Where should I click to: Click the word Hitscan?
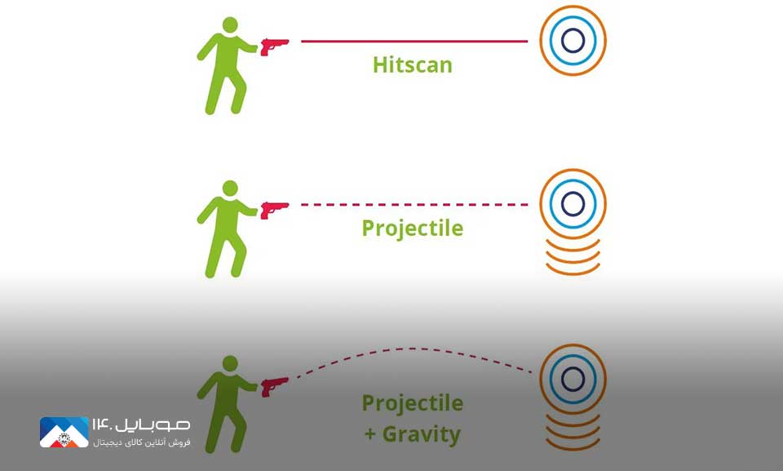click(413, 65)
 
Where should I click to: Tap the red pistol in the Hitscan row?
click(274, 47)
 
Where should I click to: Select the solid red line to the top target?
click(414, 41)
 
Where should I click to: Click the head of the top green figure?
click(230, 25)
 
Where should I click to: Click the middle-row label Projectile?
click(413, 229)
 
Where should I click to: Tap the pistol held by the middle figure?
click(274, 210)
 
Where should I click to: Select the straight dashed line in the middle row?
click(414, 205)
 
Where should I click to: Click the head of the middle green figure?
click(230, 189)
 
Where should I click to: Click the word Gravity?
click(422, 434)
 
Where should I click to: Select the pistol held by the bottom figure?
click(274, 386)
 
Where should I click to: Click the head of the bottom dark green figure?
click(230, 363)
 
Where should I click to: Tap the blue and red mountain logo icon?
click(64, 432)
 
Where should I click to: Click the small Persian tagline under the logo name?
click(141, 442)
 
